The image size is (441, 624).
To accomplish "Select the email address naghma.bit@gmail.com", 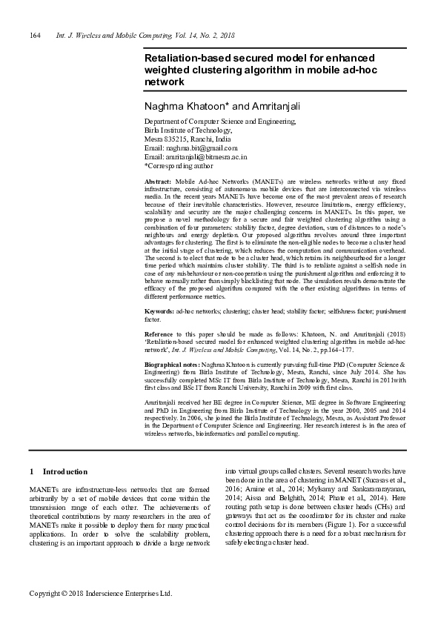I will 200,148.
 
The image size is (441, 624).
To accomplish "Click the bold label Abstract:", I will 158,182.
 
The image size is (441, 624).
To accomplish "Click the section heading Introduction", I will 65,471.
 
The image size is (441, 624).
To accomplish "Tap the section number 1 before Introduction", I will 30,471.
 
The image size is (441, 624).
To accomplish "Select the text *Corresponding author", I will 178,166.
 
